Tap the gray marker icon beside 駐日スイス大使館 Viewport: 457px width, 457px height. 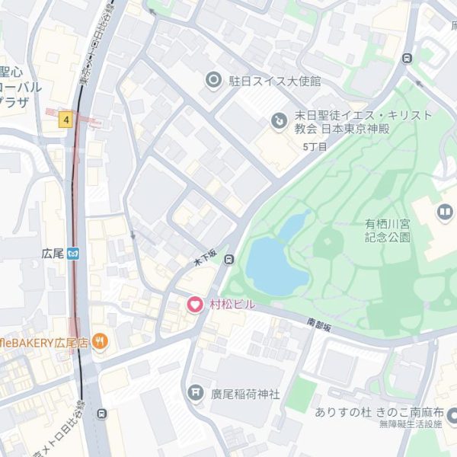[x=214, y=80]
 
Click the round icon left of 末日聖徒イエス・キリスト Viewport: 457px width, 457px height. [x=279, y=120]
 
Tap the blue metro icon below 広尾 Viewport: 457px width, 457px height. [x=73, y=253]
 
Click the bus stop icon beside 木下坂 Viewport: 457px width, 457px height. [x=229, y=260]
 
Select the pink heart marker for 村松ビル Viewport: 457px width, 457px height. [x=195, y=305]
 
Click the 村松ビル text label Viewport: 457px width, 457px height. [x=232, y=305]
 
